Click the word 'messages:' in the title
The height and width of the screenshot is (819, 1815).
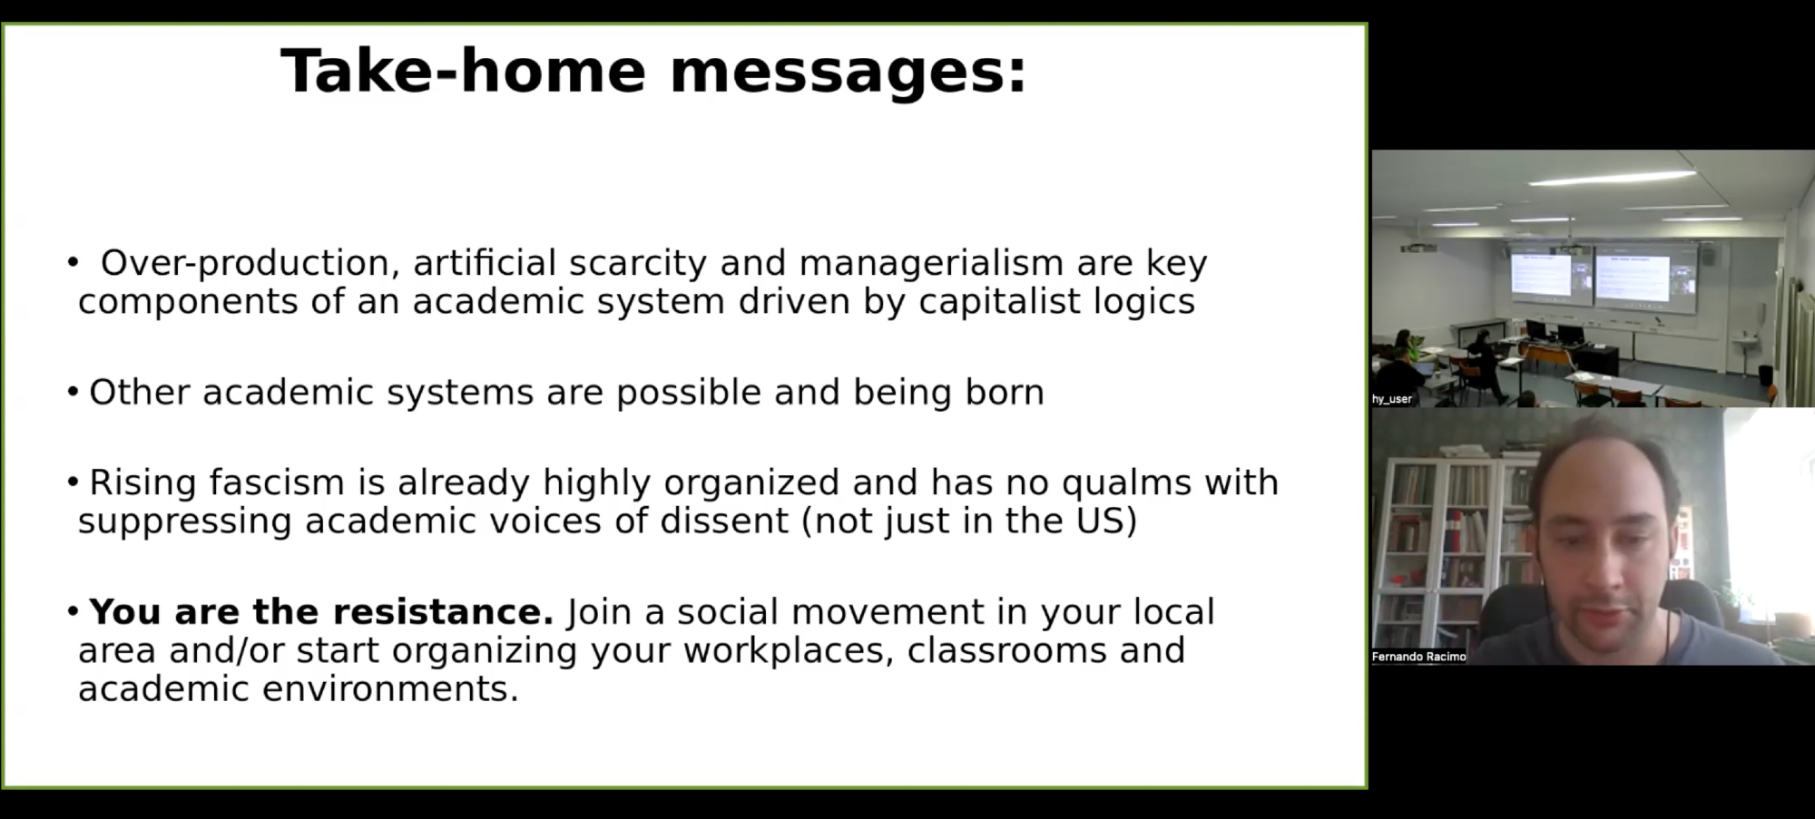click(849, 72)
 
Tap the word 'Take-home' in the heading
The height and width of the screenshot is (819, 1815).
click(463, 70)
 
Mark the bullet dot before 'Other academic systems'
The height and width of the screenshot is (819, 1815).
click(74, 392)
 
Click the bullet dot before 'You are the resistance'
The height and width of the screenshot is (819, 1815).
click(74, 612)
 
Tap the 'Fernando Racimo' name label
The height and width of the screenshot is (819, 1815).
click(1418, 657)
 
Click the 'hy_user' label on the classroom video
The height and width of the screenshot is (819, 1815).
click(1392, 399)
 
